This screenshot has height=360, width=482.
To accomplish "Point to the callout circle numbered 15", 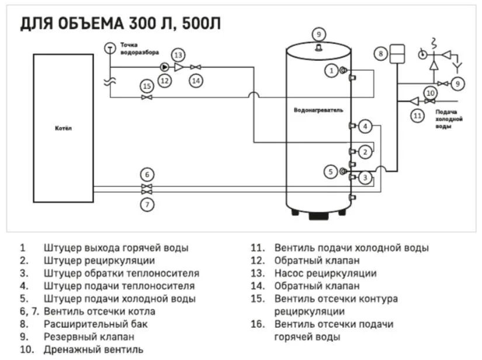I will coord(147,86).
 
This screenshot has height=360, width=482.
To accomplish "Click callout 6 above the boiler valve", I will coord(147,174).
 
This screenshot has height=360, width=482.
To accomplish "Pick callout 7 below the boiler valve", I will coord(147,205).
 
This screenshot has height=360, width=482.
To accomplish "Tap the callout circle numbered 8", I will coord(380,54).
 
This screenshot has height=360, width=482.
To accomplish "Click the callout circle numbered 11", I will coord(417,116).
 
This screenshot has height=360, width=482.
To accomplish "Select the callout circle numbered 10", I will coord(431,92).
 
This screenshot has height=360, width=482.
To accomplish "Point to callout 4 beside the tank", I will coord(365,126).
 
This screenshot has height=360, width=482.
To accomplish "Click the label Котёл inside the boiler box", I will coord(63,128).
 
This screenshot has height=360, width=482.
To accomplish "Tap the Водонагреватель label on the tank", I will coord(318,110).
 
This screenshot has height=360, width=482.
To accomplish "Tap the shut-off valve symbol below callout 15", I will coord(147,97).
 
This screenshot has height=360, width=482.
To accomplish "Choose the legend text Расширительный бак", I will coord(88,323).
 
